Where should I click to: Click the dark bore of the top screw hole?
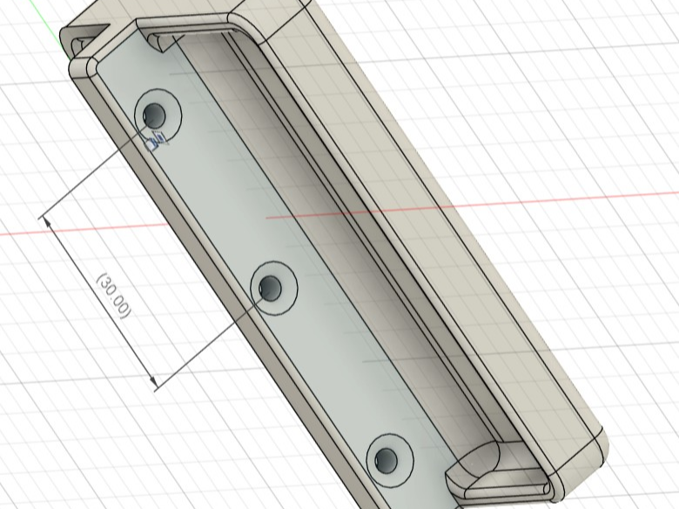pos(154,115)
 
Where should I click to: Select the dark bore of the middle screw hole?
pos(270,287)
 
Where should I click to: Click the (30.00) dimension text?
pos(113,296)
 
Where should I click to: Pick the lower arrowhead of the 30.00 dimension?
pos(152,380)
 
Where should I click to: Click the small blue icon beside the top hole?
pos(156,141)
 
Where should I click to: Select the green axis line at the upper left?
pos(54,20)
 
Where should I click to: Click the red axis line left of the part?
pos(84,230)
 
